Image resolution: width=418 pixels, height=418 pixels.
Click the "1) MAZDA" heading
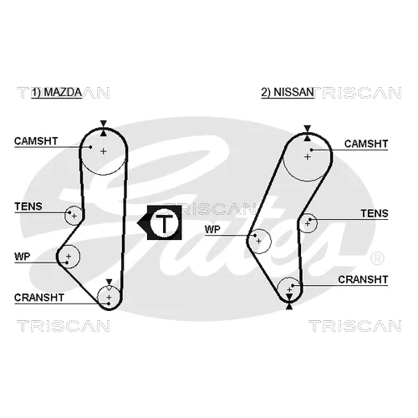(x=57, y=92)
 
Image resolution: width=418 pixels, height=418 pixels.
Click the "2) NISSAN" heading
(x=288, y=92)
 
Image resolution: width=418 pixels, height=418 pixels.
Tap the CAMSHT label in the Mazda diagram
(x=36, y=141)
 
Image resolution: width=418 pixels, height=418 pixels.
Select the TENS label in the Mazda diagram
(x=28, y=206)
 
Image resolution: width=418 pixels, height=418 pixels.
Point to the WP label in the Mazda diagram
(x=22, y=257)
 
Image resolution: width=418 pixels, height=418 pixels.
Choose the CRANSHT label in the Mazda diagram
(x=39, y=298)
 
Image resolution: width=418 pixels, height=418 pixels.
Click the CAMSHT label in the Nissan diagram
(x=366, y=144)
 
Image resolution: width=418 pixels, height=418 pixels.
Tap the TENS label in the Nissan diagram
(x=375, y=213)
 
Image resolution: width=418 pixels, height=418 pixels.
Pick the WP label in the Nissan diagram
(x=212, y=229)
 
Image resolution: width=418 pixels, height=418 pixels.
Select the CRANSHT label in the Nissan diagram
(x=363, y=279)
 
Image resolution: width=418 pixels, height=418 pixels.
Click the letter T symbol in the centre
(x=165, y=223)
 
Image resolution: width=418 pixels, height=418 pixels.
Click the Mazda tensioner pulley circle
(x=64, y=216)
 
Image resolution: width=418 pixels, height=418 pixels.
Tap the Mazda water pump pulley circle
(x=79, y=257)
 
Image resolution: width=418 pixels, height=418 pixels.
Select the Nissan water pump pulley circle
(x=271, y=241)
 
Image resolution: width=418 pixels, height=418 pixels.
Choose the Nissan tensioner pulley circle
(x=317, y=223)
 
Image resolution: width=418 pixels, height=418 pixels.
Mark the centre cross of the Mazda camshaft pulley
(x=104, y=151)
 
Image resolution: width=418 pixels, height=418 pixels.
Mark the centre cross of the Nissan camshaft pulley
(x=308, y=157)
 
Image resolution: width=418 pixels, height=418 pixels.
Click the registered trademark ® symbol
(x=377, y=258)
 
